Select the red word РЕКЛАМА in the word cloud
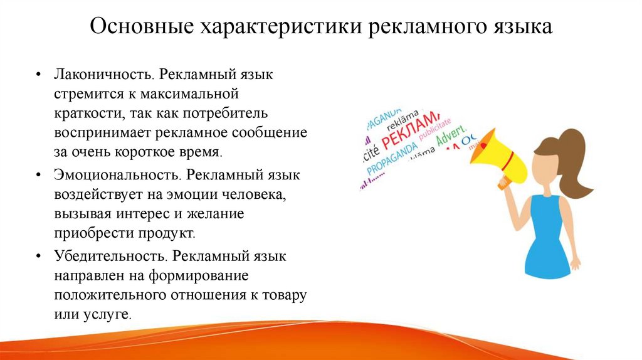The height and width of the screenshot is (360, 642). pos(411,129)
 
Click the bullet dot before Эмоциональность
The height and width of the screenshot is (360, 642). pos(39,176)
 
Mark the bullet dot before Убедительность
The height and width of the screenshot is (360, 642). pos(39,257)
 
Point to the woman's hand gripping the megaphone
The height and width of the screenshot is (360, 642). pos(505,181)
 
